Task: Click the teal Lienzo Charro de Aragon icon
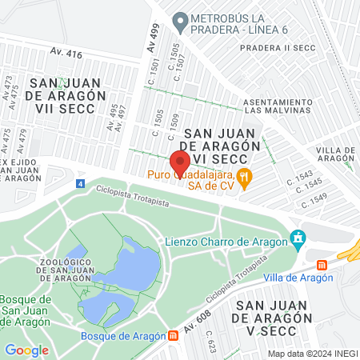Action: click(298, 238)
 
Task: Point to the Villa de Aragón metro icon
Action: click(322, 265)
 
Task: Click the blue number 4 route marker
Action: click(80, 184)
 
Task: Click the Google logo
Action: click(26, 350)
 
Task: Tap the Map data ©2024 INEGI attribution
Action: click(311, 354)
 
